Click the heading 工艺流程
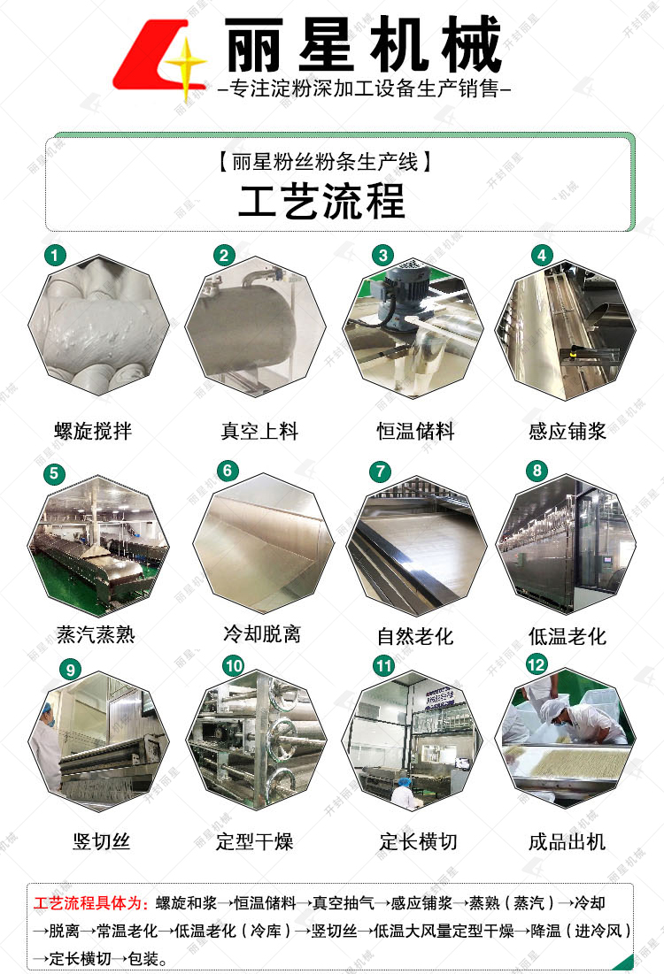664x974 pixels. (321, 201)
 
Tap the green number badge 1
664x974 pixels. (56, 256)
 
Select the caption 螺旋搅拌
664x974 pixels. (93, 432)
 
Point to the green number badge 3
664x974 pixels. (382, 256)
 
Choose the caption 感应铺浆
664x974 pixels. (567, 432)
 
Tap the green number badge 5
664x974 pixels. (56, 473)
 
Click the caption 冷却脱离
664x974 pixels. (261, 633)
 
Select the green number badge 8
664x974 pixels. (537, 471)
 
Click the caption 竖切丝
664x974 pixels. (101, 841)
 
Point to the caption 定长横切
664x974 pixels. (419, 841)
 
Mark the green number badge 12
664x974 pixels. (537, 664)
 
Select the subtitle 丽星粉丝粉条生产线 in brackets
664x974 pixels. (322, 163)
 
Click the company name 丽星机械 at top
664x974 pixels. (363, 45)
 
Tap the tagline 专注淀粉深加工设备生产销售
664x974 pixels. (363, 89)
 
